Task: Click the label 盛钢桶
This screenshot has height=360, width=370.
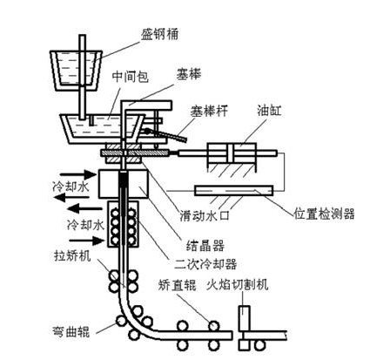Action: [159, 34]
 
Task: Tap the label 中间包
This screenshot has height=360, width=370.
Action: [131, 77]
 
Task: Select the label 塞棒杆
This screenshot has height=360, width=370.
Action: [209, 111]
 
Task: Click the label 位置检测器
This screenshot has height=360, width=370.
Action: [324, 214]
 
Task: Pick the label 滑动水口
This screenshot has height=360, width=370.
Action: [205, 216]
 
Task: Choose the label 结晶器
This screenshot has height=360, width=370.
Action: [205, 246]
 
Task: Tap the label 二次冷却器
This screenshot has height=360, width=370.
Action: [205, 264]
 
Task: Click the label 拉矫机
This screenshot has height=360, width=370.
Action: [72, 255]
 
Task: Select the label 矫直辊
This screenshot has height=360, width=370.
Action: [178, 285]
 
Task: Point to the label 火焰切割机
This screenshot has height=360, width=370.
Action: [238, 285]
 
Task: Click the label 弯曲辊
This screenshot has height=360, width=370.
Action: [71, 331]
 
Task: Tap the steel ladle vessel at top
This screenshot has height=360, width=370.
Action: [77, 70]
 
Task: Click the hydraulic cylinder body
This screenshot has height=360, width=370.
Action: [232, 153]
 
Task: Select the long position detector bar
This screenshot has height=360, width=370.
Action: [234, 190]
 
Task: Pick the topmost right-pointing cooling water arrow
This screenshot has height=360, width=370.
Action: [77, 174]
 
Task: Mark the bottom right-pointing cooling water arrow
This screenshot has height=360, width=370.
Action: [86, 241]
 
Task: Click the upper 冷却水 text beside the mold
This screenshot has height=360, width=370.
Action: [71, 187]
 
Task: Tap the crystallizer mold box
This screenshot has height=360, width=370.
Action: [124, 184]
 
